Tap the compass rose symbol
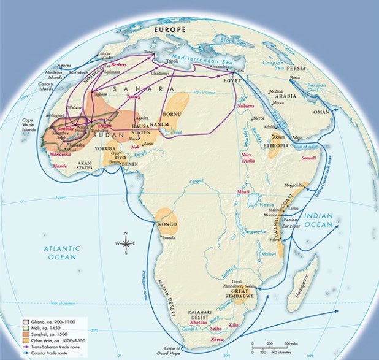pyautogui.click(x=126, y=243)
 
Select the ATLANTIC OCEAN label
pyautogui.click(x=61, y=252)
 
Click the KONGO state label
pyautogui.click(x=167, y=224)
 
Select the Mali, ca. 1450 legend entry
pyautogui.click(x=42, y=328)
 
